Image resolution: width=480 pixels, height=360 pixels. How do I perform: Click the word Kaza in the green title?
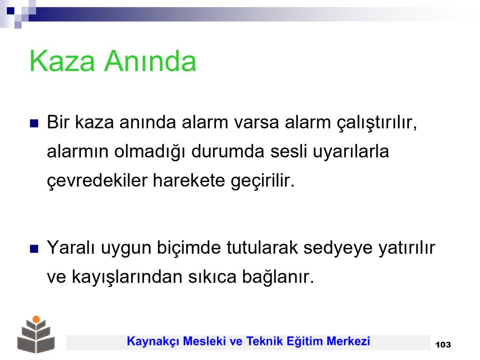[62, 61]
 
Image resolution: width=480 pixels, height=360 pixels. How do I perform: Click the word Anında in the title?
[150, 61]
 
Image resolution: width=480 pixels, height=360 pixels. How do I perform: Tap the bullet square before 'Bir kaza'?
[34, 123]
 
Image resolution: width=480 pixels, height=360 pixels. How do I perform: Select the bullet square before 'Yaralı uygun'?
[34, 249]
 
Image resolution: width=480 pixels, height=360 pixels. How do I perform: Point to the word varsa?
[256, 122]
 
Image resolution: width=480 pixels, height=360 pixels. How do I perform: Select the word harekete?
[189, 180]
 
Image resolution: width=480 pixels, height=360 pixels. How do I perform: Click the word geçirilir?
[262, 180]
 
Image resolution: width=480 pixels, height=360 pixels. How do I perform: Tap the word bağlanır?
[278, 277]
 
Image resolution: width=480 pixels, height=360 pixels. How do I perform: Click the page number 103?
[442, 345]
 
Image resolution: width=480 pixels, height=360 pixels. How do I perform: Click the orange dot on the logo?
[36, 319]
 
